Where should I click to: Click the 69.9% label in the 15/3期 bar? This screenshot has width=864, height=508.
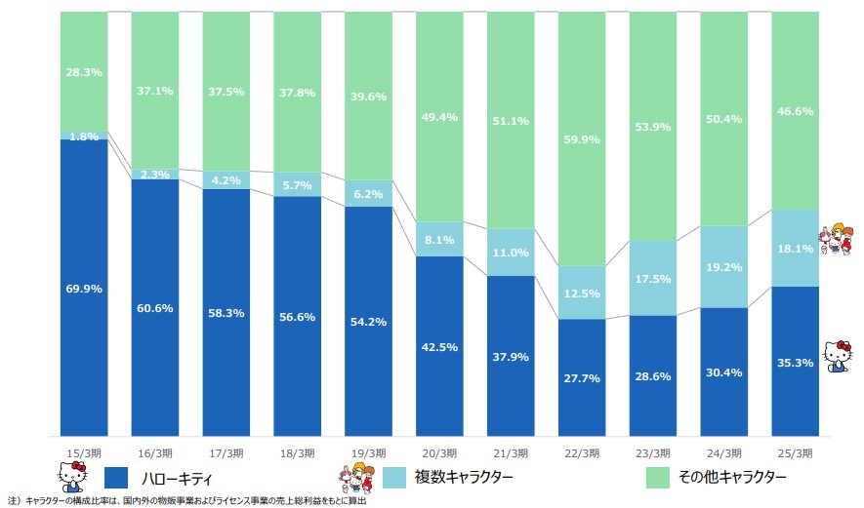(83, 289)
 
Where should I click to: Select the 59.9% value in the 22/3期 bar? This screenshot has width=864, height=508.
(582, 138)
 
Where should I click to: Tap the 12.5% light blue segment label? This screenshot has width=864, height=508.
(582, 294)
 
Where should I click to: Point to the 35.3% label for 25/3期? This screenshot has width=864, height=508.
(795, 362)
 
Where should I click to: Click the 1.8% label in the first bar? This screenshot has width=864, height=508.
(83, 137)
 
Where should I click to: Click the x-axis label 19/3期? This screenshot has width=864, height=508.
(368, 452)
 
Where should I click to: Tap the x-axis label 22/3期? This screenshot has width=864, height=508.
(582, 452)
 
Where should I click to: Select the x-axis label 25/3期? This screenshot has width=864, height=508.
(795, 452)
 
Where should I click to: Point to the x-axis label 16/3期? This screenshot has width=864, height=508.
(154, 452)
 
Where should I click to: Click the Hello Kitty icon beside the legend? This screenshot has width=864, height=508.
(74, 477)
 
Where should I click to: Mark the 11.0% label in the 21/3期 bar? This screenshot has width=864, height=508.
(511, 253)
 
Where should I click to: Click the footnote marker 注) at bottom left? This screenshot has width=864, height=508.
(13, 501)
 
